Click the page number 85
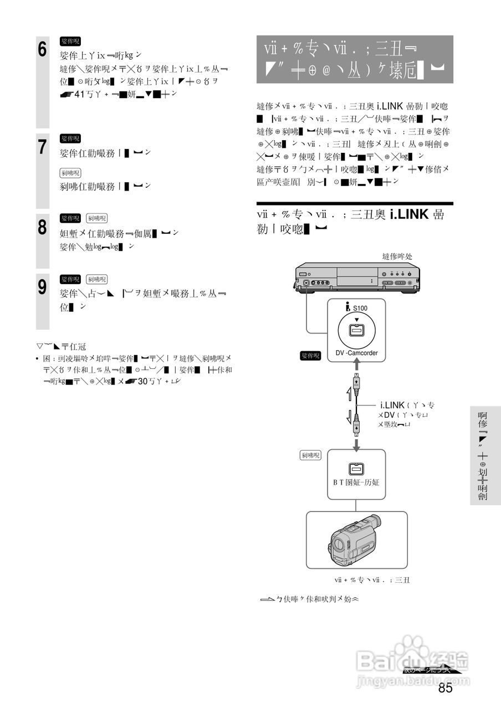445,688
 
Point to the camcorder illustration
356,540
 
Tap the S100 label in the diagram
359,308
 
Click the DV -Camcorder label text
356,353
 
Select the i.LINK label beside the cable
392,405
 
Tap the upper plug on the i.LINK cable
356,383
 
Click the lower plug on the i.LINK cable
356,427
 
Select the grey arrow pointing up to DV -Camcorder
356,364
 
